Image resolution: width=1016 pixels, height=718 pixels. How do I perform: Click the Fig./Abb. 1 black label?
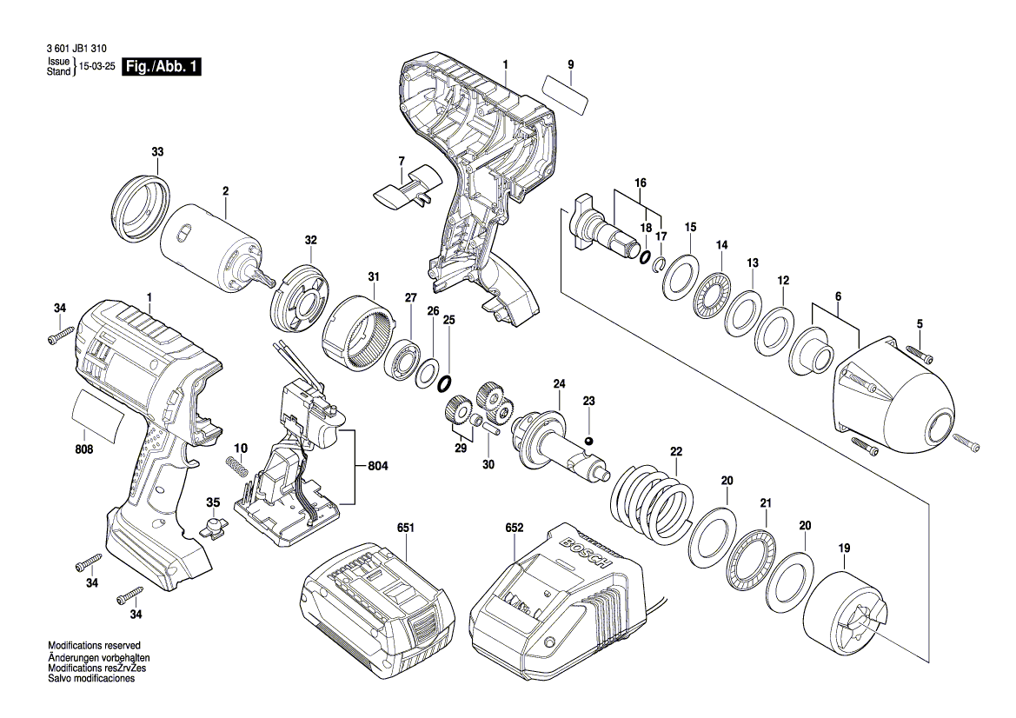point(163,67)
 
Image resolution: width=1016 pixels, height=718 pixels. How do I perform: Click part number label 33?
point(156,152)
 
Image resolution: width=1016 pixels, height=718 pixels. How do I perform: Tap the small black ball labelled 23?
point(588,442)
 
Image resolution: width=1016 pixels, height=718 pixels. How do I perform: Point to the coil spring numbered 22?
point(654,501)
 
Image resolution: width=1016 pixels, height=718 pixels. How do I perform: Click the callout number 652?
point(515,528)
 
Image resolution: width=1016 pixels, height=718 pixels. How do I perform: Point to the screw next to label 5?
point(920,354)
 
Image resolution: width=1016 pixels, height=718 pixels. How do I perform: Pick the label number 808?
point(83,449)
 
